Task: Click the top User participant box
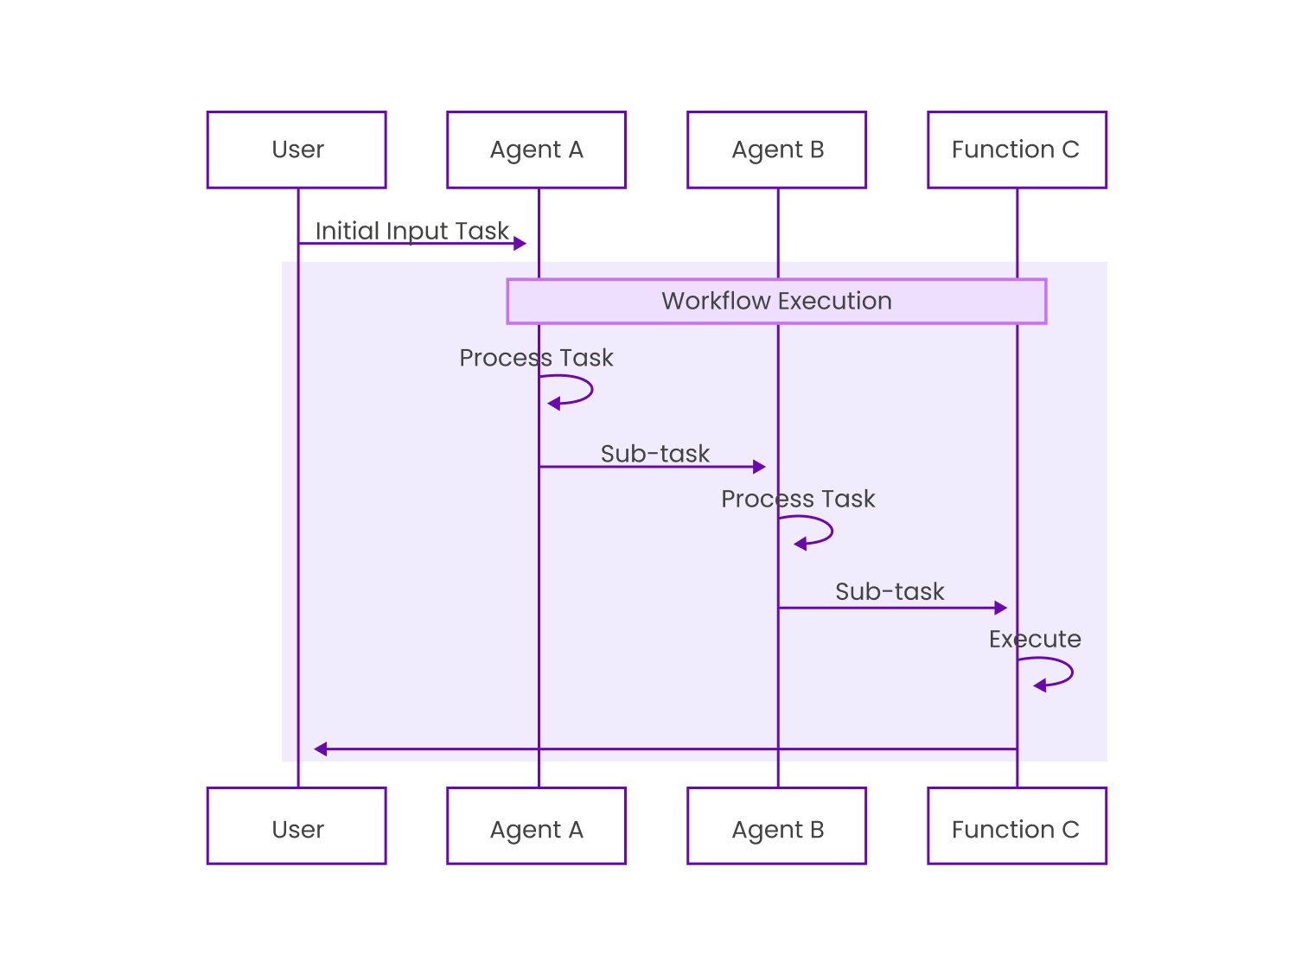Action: pyautogui.click(x=297, y=150)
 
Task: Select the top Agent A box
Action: pyautogui.click(x=536, y=150)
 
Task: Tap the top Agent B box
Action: pyautogui.click(x=776, y=150)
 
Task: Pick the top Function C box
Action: pyautogui.click(x=1017, y=150)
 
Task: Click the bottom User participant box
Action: pyautogui.click(x=297, y=825)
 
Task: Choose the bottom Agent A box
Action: pyautogui.click(x=536, y=825)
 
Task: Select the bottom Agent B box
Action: pyautogui.click(x=776, y=825)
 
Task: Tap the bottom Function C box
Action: pyautogui.click(x=1017, y=825)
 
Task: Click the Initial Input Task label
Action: pyautogui.click(x=411, y=231)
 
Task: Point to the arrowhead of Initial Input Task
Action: pyautogui.click(x=520, y=244)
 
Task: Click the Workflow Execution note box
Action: pyautogui.click(x=776, y=301)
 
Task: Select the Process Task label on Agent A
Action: pyautogui.click(x=536, y=358)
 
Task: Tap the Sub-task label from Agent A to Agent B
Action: pyautogui.click(x=654, y=454)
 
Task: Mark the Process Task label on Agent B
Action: pyautogui.click(x=798, y=499)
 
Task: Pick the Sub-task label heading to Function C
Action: pyautogui.click(x=890, y=592)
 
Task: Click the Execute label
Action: pyautogui.click(x=1035, y=640)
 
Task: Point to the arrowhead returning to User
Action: pyautogui.click(x=321, y=749)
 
